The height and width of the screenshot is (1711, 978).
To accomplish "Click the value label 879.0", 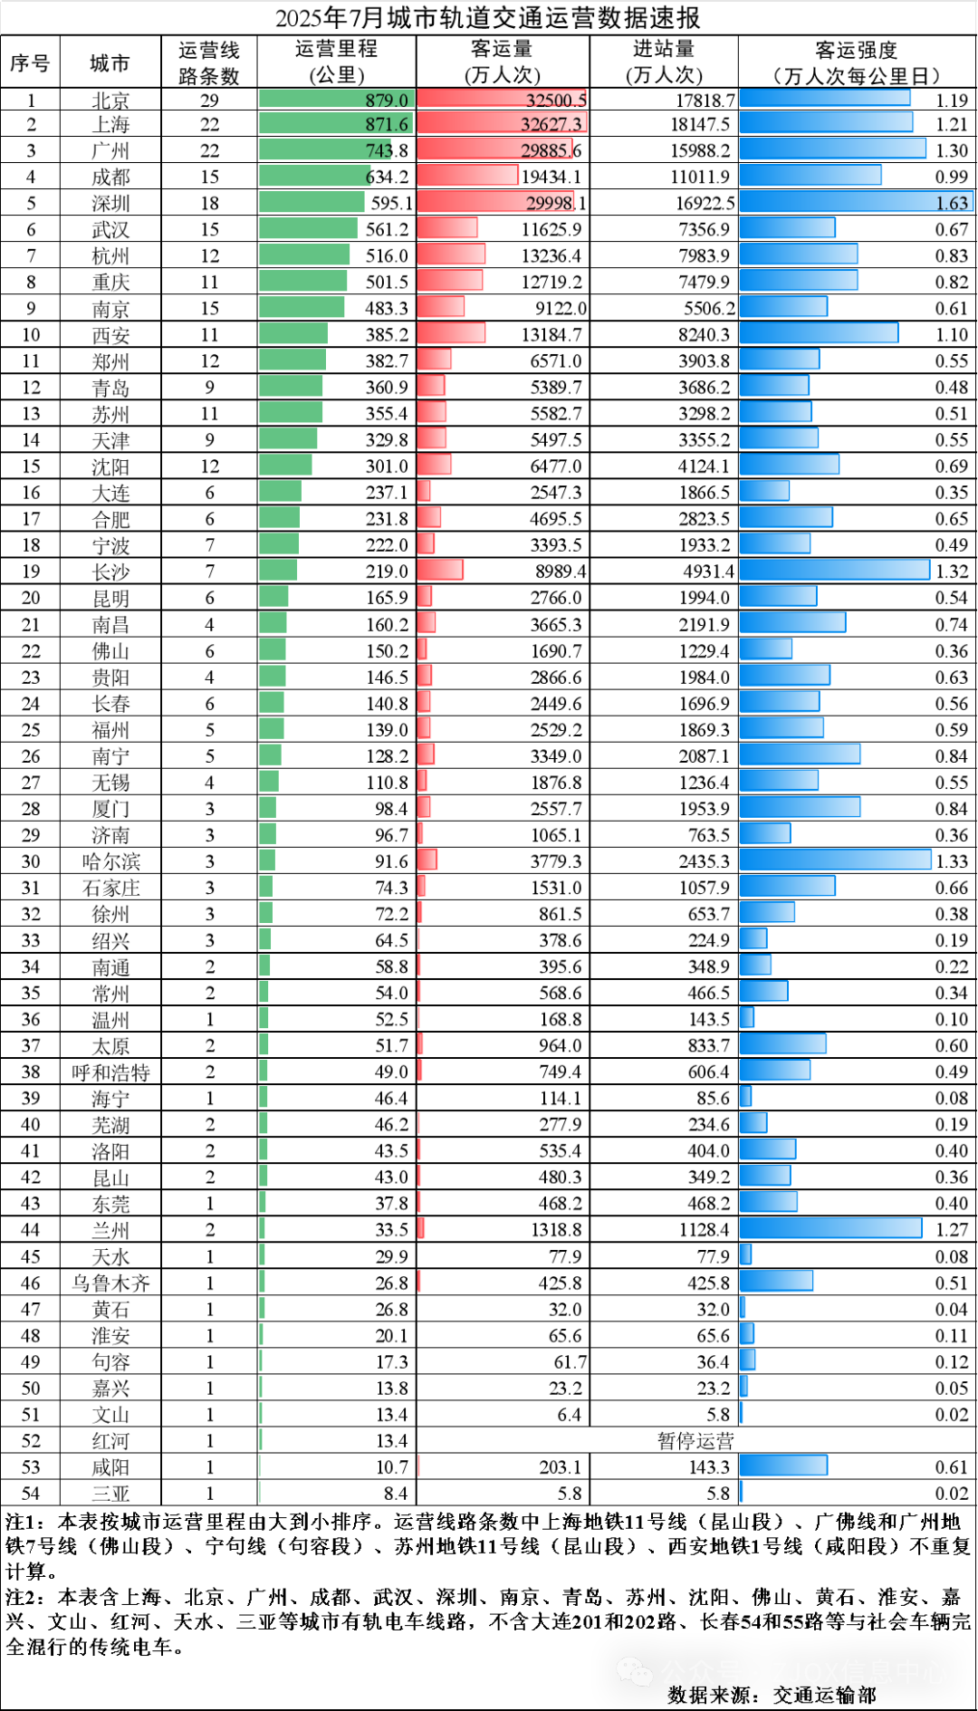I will tap(387, 101).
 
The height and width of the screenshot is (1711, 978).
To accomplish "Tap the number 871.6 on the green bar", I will tap(387, 124).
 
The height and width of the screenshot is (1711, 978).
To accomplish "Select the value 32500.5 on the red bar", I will tap(556, 101).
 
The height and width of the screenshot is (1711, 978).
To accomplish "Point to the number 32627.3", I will tap(551, 124).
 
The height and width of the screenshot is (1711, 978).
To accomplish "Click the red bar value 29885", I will tap(545, 150).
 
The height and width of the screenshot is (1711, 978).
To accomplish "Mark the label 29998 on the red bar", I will tap(550, 203).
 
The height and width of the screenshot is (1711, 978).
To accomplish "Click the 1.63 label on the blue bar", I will tap(952, 203).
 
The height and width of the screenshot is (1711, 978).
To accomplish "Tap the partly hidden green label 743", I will tap(379, 150).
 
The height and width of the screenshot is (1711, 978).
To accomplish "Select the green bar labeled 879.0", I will tap(308, 99).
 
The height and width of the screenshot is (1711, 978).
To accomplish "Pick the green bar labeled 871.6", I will tap(308, 123).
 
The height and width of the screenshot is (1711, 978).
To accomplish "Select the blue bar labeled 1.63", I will tap(833, 201).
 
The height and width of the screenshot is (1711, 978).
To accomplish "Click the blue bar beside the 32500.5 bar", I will tap(824, 98).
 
